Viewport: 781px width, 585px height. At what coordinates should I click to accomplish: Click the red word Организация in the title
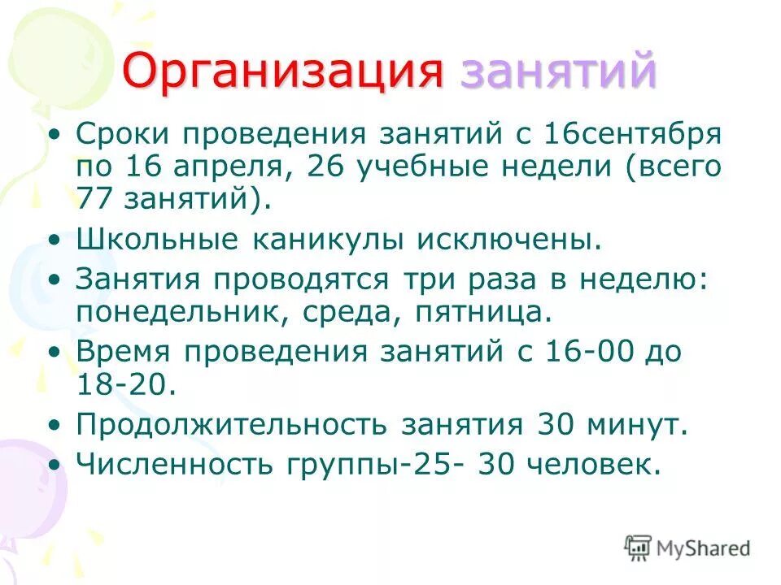pyautogui.click(x=283, y=73)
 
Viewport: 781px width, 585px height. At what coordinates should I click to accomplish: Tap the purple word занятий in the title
pyautogui.click(x=558, y=73)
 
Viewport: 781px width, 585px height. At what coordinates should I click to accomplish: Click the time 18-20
pyautogui.click(x=125, y=384)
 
